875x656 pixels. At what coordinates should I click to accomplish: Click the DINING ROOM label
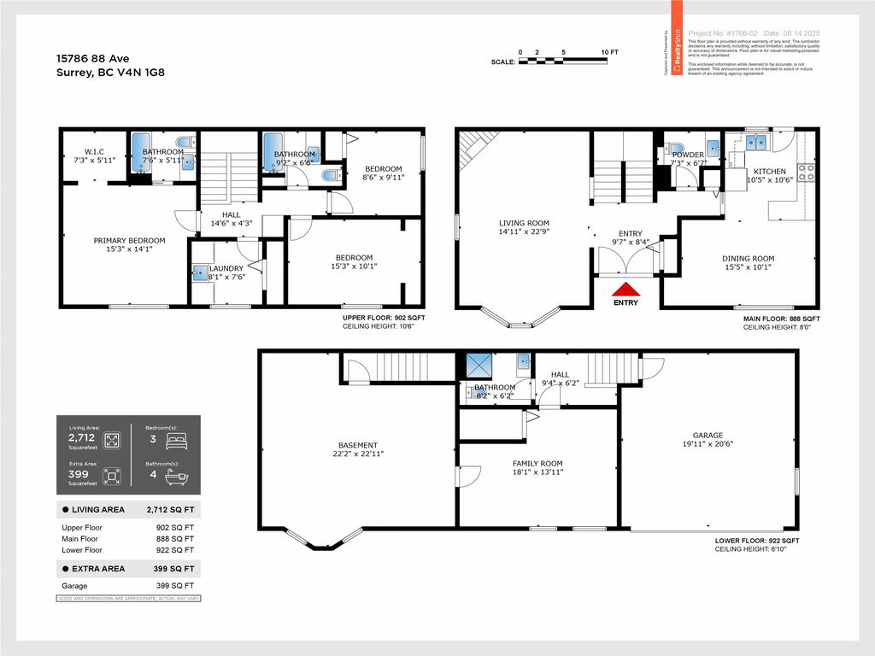748,259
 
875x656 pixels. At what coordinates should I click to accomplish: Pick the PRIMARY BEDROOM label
129,241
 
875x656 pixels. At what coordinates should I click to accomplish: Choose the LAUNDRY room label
226,269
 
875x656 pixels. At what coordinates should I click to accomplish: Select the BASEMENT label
357,445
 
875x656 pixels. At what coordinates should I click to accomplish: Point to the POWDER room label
688,155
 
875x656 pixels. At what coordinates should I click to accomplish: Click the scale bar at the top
564,61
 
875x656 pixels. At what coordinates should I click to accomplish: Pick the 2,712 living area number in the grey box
81,437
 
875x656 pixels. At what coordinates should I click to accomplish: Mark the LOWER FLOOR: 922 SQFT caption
757,541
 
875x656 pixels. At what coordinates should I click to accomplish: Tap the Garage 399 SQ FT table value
176,586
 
